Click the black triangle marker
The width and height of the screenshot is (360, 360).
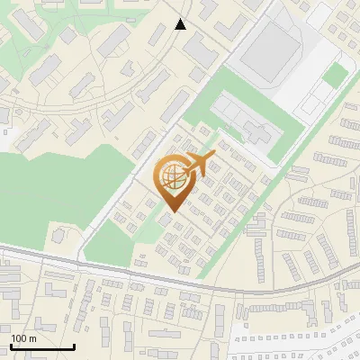pos(181,24)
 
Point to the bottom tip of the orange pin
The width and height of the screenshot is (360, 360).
pos(170,212)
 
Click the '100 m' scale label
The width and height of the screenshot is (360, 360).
pos(23,338)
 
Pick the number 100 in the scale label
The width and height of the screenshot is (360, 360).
pos(19,338)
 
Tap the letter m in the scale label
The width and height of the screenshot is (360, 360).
pos(32,338)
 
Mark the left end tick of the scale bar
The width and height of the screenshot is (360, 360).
pos(11,346)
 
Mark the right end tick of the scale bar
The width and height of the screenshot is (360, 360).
pos(74,346)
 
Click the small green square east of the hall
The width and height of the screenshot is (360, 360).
pos(334,75)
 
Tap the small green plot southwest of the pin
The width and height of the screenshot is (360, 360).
pos(110,238)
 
